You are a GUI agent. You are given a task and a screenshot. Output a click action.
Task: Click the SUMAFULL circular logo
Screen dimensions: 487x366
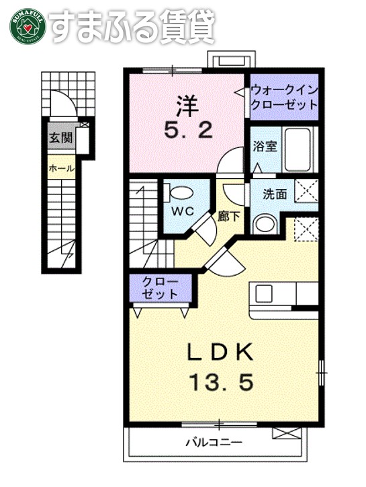coord(26,26)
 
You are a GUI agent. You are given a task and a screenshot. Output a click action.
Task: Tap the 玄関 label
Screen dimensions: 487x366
coord(59,139)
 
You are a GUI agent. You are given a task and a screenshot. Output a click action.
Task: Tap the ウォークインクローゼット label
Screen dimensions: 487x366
coord(283,98)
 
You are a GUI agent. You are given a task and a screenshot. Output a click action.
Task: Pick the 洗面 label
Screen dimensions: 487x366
coord(274,194)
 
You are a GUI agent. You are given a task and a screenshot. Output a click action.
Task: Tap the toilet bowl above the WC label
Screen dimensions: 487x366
coord(179,192)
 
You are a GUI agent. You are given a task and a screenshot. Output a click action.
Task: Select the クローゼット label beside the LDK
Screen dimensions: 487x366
coord(160,287)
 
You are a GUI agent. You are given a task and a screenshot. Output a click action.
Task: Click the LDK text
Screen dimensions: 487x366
coord(220,352)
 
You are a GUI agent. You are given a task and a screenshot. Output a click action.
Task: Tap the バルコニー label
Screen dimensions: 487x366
coord(213,442)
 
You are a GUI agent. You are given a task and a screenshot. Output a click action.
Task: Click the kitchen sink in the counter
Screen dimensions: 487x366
coord(263,294)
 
